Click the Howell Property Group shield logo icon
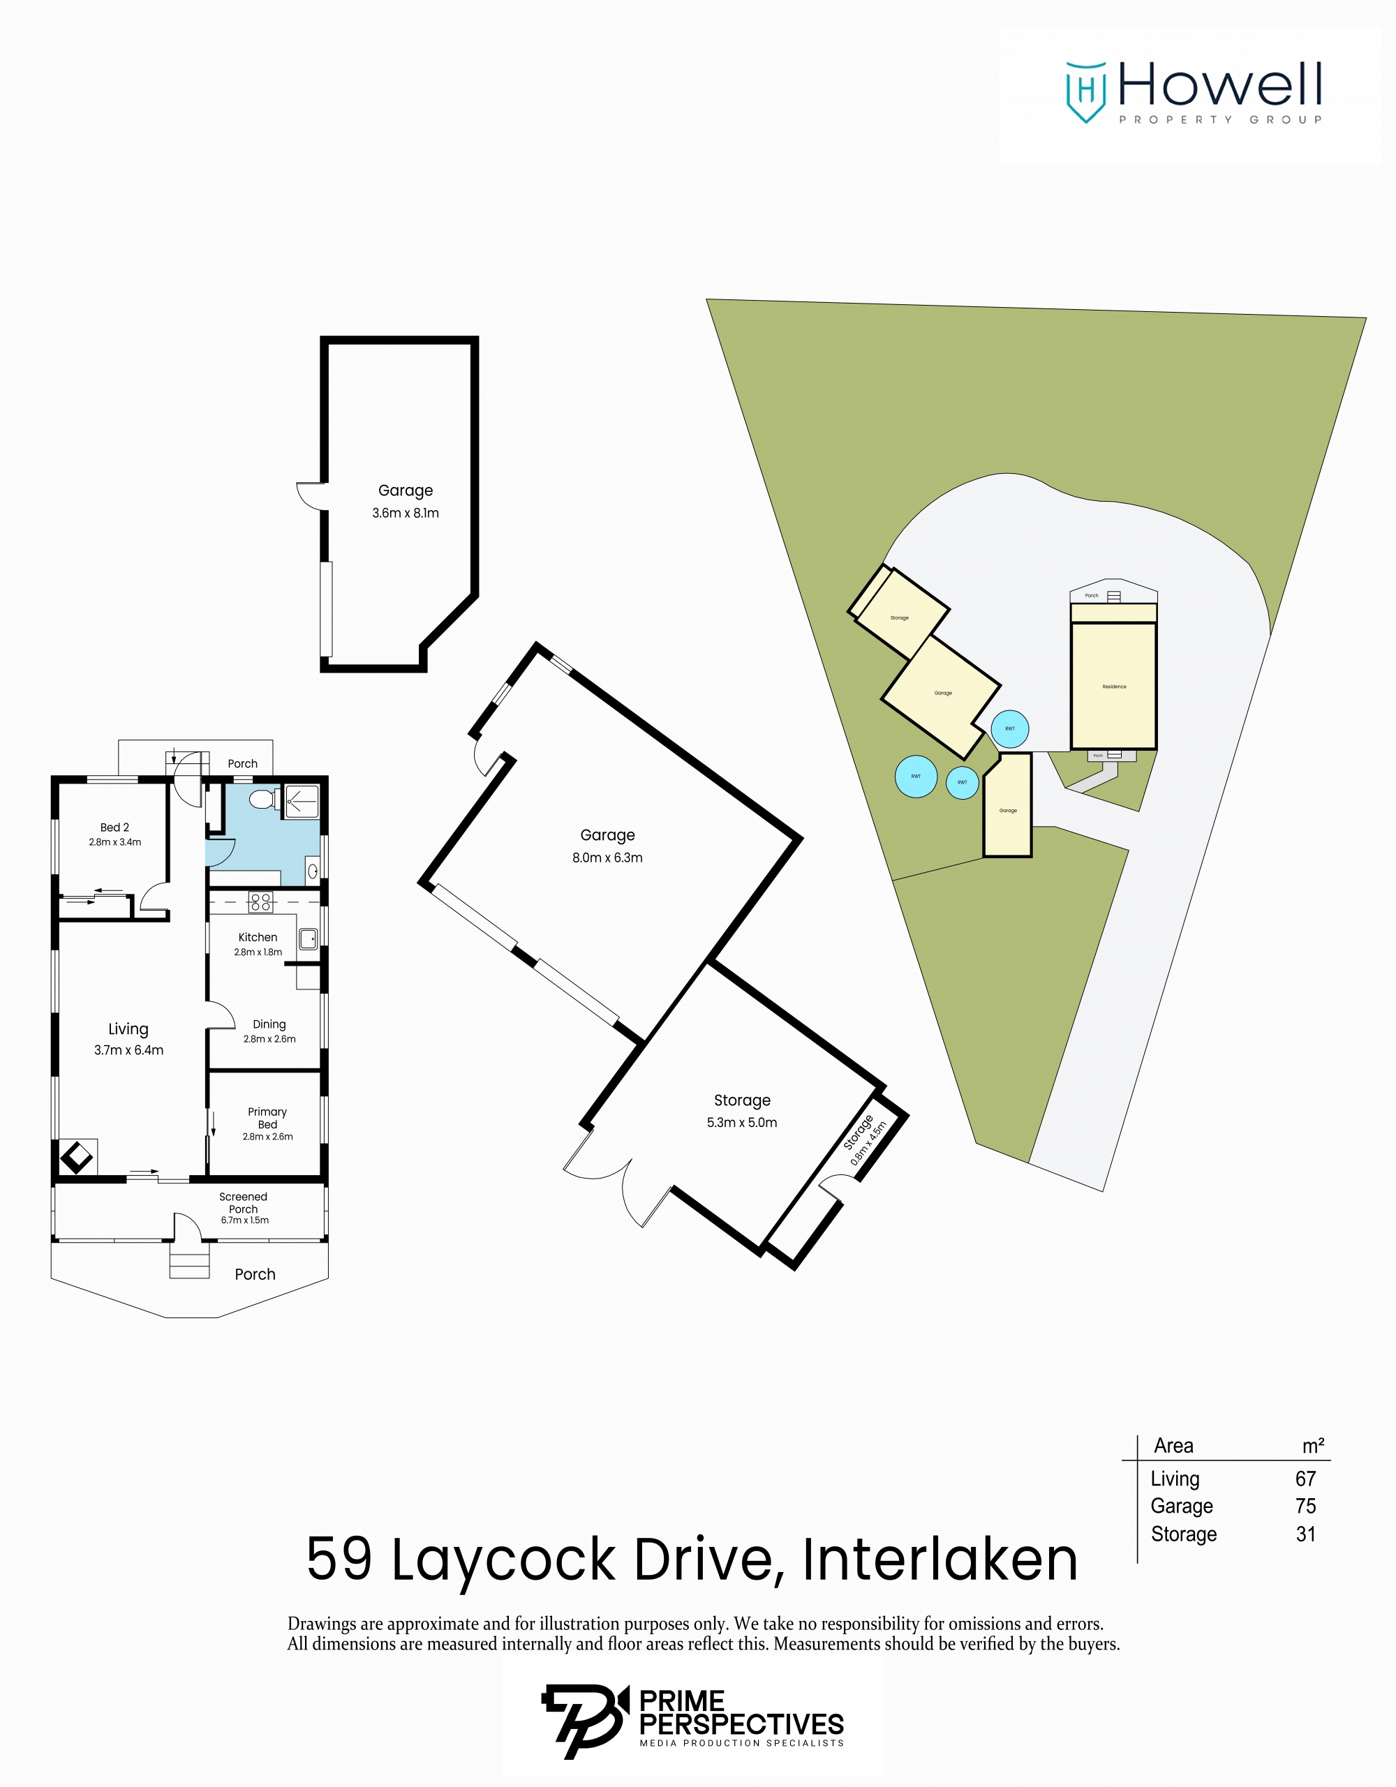pos(1086,91)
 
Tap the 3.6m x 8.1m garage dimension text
pos(405,513)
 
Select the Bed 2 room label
pos(114,828)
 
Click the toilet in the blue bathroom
pos(262,798)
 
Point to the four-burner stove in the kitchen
pos(261,902)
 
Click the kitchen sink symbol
pos(308,939)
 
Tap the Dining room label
pos(269,1024)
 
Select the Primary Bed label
pos(267,1118)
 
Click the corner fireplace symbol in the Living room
pos(77,1157)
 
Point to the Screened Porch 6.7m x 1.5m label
pos(244,1208)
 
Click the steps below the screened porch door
pos(190,1261)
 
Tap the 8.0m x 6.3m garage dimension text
pos(607,858)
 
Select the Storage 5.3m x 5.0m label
pos(742,1110)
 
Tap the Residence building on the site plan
pos(1114,686)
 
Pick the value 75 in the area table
pos(1305,1506)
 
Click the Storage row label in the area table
pos(1183,1534)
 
